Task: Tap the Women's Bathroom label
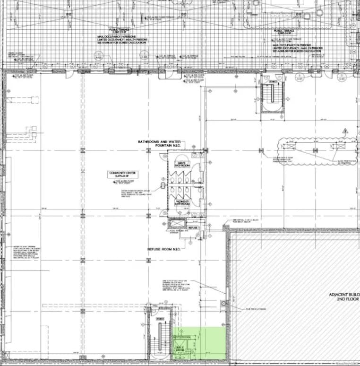182,203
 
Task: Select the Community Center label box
119,174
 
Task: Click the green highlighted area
198,343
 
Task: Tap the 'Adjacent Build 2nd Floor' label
344,297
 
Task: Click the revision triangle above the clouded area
345,130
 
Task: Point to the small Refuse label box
192,228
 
